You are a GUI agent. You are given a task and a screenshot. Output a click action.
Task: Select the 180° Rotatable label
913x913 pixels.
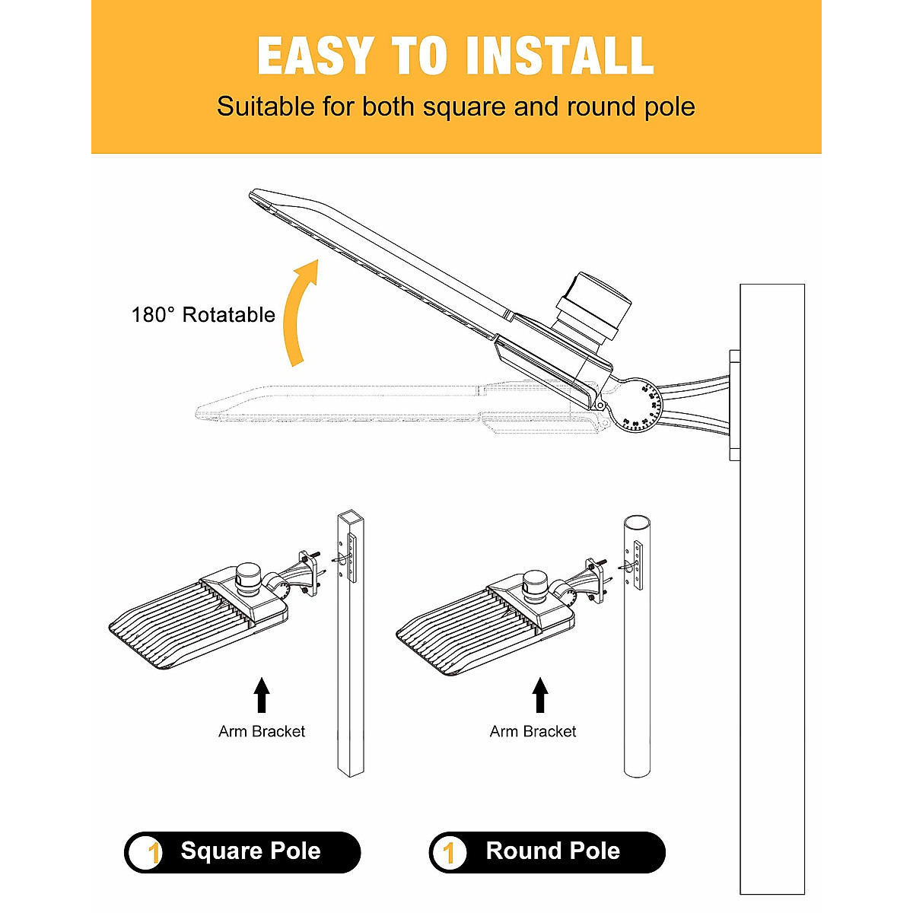coord(203,315)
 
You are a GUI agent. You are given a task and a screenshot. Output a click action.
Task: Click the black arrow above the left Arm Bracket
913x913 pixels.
coord(262,695)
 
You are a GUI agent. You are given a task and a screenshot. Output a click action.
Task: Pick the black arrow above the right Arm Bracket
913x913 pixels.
coord(540,695)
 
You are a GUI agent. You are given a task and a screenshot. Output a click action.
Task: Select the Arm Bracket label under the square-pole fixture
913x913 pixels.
coord(262,732)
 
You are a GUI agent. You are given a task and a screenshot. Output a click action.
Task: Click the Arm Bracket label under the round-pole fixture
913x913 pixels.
coord(533,732)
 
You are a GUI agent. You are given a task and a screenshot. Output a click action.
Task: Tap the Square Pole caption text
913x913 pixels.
coord(250,851)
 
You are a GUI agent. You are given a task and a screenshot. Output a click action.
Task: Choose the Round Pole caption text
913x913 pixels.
coord(553,851)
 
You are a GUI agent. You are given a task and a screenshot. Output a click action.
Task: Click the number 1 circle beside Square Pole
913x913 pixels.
coord(146,852)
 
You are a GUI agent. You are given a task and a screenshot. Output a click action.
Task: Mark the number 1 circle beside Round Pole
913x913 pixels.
coord(450,852)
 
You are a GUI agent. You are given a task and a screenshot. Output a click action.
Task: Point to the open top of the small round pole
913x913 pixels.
coord(637,524)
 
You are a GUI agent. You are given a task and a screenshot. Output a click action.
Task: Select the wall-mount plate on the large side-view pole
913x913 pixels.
coord(734,405)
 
